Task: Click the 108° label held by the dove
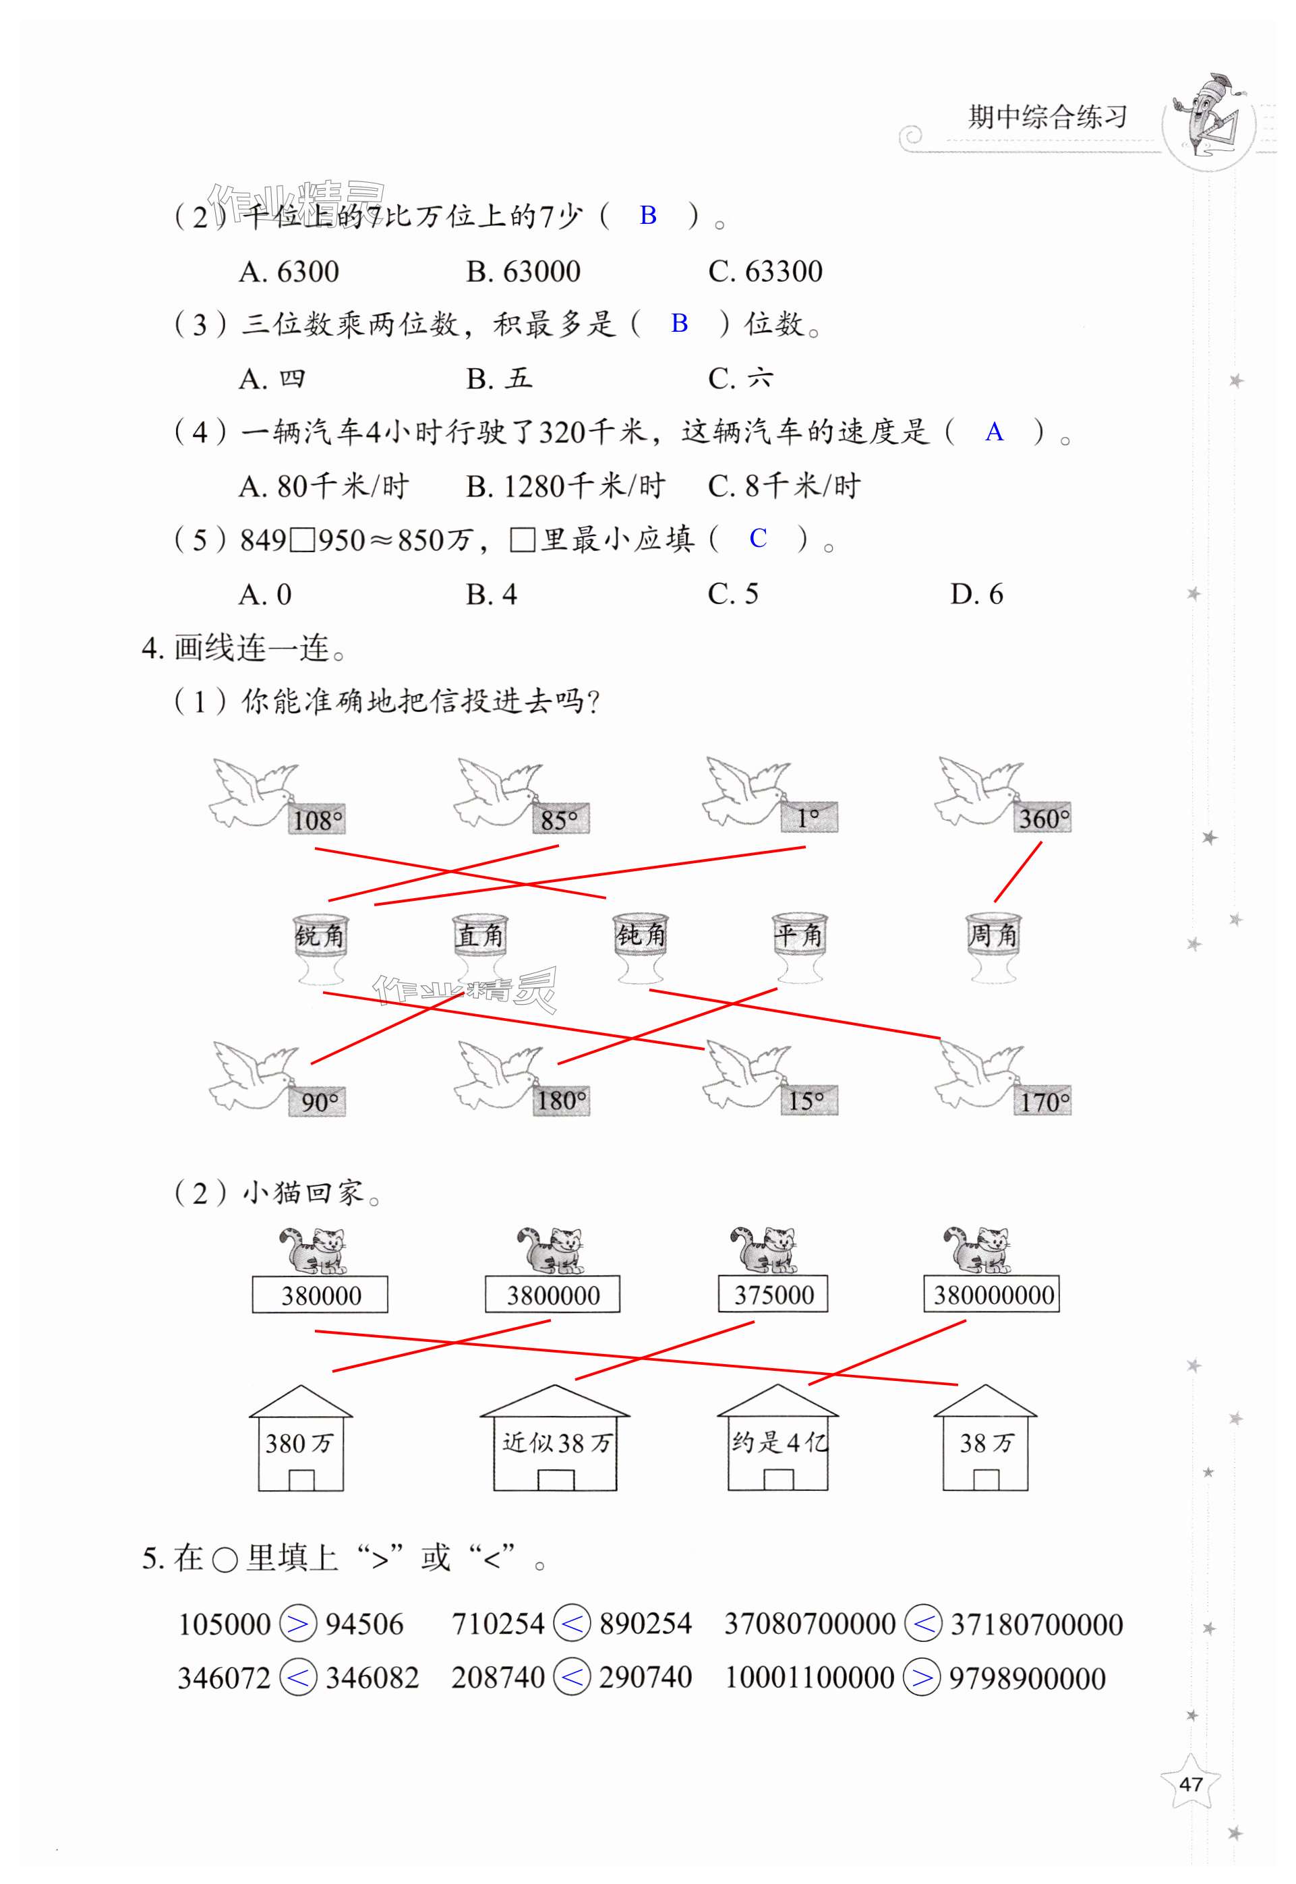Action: pos(317,819)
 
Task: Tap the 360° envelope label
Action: pos(1042,818)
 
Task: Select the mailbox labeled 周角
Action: pos(993,945)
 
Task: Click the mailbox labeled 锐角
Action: pos(319,947)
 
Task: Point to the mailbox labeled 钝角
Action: pos(640,945)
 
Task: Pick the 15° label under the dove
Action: pos(807,1100)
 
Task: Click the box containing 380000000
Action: pos(991,1295)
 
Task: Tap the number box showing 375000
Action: pos(773,1295)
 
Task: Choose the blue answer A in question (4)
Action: pos(994,432)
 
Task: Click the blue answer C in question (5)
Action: pos(758,538)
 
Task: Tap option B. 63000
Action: pos(523,271)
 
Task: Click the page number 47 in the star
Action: pos(1190,1784)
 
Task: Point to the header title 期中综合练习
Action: pos(1047,117)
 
